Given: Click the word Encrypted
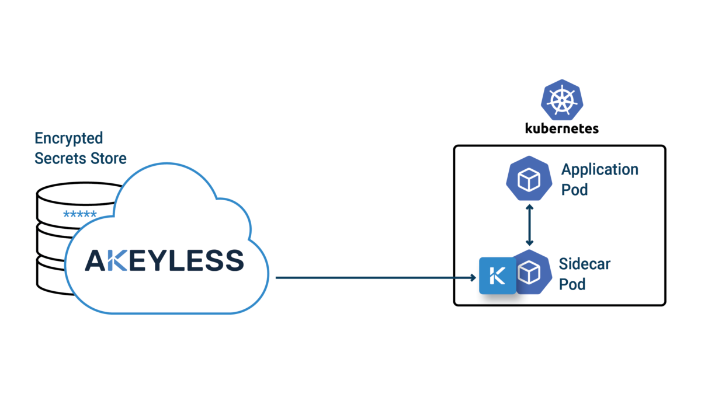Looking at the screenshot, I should click(68, 139).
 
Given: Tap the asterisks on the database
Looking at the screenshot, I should click(79, 215).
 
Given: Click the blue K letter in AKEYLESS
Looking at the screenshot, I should click(117, 260).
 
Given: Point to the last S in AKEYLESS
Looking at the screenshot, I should click(233, 260).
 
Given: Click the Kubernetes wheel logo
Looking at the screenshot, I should click(561, 100).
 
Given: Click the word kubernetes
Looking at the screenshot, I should click(561, 128).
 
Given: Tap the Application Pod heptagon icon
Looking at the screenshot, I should click(529, 179).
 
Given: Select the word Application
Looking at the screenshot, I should click(599, 170).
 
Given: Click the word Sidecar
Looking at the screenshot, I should click(584, 264).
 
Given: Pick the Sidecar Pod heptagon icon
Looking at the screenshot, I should click(530, 273).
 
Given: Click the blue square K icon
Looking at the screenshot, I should click(497, 274).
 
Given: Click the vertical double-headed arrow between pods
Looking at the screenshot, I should click(529, 225).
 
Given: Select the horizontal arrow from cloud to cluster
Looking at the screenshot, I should click(374, 278).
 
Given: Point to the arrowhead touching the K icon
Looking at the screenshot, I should click(474, 278).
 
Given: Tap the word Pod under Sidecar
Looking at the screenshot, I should click(572, 284).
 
